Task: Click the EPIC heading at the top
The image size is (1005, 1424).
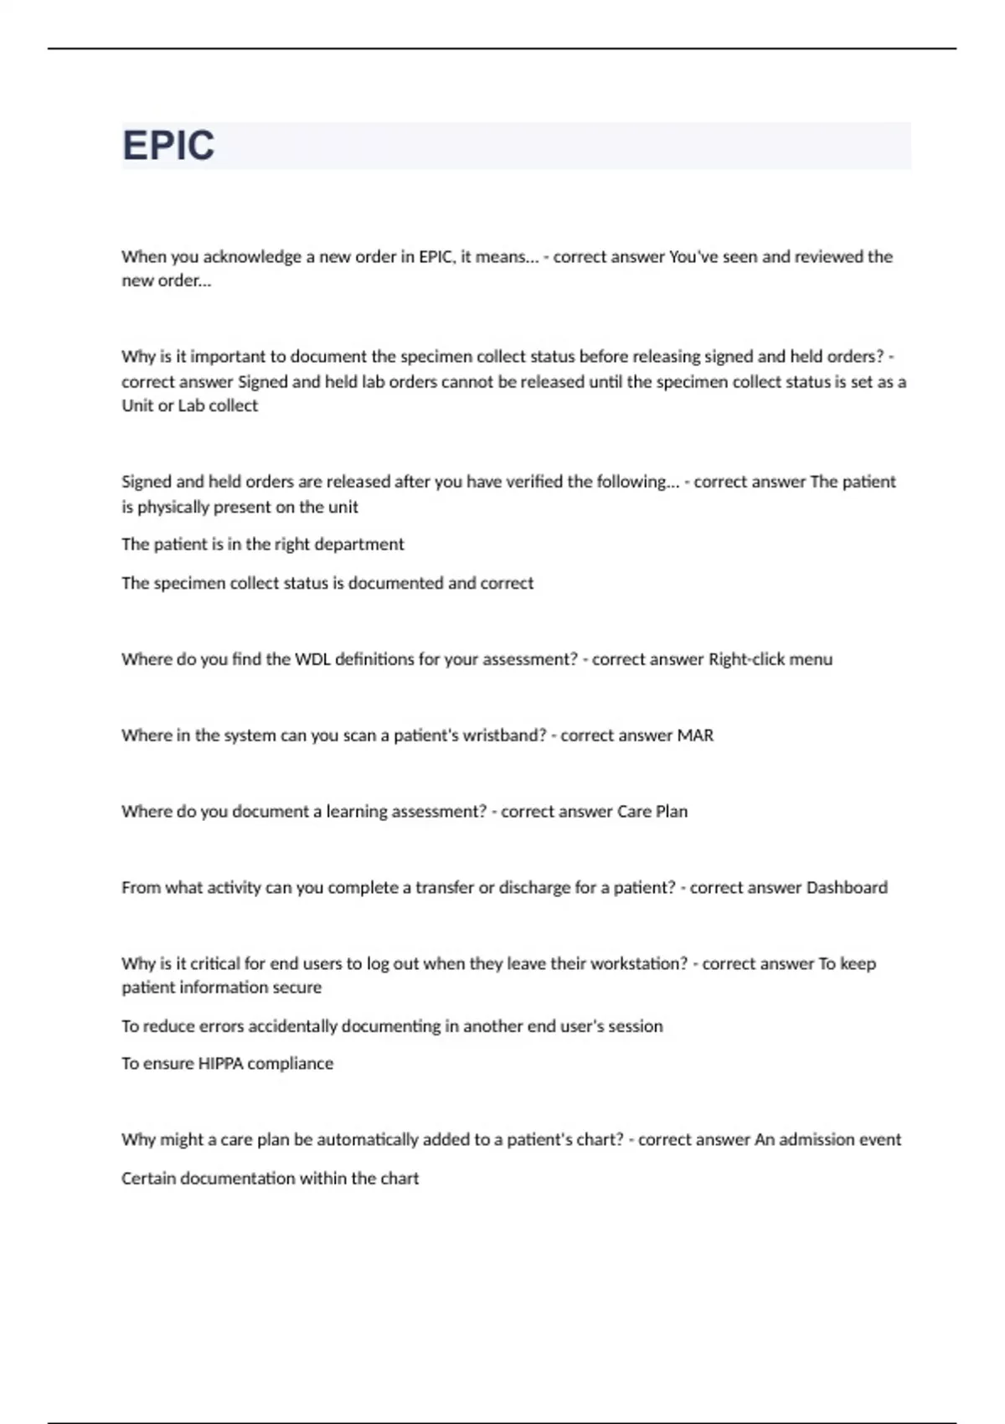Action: [168, 146]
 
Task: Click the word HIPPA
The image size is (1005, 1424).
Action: [219, 1064]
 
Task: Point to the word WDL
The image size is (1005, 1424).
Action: [312, 659]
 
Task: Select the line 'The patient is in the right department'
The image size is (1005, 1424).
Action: [262, 544]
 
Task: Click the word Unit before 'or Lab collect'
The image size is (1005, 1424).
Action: [137, 406]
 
